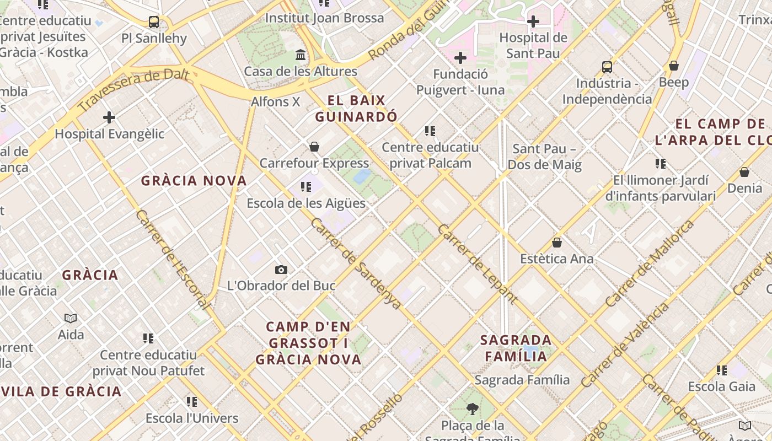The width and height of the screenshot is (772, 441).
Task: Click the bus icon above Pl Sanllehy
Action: [x=154, y=22]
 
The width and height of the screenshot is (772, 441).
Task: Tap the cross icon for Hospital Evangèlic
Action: [x=109, y=117]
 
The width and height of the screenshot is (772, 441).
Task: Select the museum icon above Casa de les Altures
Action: [x=301, y=55]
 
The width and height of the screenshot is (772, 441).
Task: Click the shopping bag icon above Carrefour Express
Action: [x=314, y=147]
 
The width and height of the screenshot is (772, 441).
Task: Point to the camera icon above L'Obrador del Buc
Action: [x=281, y=270]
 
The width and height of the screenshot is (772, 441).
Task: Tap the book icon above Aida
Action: [x=71, y=318]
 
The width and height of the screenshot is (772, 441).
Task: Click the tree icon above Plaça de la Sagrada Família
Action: [x=472, y=409]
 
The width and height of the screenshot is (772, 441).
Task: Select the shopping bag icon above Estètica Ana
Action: [x=557, y=243]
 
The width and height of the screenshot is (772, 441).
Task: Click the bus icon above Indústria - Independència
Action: [x=607, y=67]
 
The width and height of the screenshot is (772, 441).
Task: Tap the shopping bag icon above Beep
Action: [x=674, y=66]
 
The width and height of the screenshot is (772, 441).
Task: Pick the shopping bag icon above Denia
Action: [x=744, y=172]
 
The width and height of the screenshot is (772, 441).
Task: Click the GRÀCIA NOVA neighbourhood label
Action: [x=194, y=181]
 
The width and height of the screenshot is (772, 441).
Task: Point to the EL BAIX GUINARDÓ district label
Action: [x=356, y=109]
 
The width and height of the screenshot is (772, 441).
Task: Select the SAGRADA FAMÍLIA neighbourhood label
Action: [x=516, y=348]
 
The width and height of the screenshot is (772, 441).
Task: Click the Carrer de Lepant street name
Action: [x=478, y=264]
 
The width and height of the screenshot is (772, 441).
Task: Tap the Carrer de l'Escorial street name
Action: [x=173, y=259]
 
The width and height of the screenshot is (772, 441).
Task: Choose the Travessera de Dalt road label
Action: [x=133, y=90]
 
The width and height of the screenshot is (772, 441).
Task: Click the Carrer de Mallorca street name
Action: [x=649, y=263]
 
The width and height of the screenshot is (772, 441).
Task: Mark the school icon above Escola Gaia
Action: [x=722, y=370]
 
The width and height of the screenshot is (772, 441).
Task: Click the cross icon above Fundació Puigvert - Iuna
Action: [x=460, y=58]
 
